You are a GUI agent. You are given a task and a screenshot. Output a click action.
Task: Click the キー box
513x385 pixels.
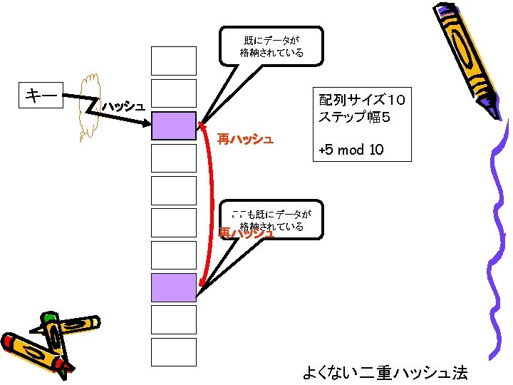pyautogui.click(x=41, y=95)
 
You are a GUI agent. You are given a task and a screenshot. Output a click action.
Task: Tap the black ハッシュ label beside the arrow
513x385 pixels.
pyautogui.click(x=123, y=107)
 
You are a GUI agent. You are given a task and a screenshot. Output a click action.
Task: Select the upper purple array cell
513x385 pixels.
pyautogui.click(x=173, y=125)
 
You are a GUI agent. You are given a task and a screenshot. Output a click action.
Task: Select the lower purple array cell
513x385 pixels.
pyautogui.click(x=173, y=287)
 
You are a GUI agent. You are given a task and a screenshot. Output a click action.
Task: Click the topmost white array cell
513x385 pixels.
pyautogui.click(x=173, y=61)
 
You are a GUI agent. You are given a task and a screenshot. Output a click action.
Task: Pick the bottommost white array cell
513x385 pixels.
pyautogui.click(x=173, y=351)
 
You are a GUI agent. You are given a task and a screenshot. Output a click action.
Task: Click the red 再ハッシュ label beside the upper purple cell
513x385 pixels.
pyautogui.click(x=245, y=139)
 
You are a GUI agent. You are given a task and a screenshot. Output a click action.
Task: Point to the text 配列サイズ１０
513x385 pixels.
pyautogui.click(x=361, y=98)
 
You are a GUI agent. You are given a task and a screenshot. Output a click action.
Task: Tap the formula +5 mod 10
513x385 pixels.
pyautogui.click(x=351, y=150)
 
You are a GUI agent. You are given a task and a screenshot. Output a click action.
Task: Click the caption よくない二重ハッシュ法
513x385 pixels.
pyautogui.click(x=385, y=371)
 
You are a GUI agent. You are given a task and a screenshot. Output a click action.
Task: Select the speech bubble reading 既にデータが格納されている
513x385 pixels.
pyautogui.click(x=271, y=46)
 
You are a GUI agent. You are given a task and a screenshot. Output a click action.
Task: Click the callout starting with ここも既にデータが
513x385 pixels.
pyautogui.click(x=271, y=220)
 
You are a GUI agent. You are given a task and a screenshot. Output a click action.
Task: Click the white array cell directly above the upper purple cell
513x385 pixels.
pyautogui.click(x=173, y=93)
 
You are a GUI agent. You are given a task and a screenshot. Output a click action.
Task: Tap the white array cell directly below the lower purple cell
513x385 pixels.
pyautogui.click(x=173, y=319)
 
